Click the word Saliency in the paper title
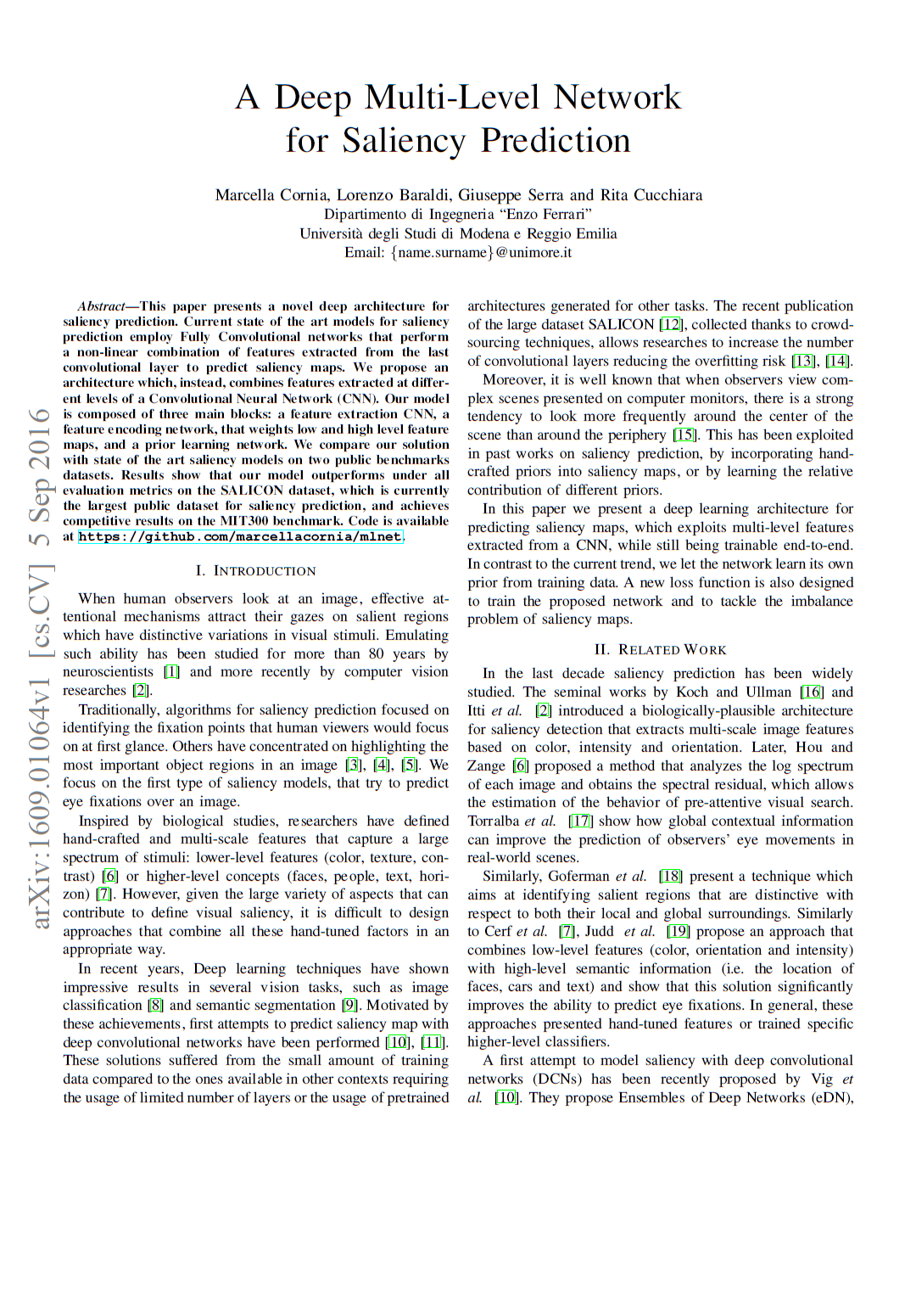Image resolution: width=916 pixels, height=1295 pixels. [403, 141]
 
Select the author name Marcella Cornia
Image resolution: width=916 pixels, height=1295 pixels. [271, 195]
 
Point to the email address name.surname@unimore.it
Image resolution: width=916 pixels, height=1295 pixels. [458, 252]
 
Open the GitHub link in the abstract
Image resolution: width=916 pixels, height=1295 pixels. [240, 536]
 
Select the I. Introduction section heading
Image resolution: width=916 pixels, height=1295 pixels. [255, 571]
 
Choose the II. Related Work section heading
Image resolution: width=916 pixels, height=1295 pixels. [660, 649]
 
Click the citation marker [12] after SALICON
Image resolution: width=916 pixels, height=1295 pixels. [671, 324]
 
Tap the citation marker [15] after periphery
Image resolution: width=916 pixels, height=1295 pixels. [684, 434]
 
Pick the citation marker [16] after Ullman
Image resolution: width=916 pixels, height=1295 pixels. [812, 692]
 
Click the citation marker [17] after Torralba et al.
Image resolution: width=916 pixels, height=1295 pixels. [580, 821]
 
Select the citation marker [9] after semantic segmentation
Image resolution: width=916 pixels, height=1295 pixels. [350, 1006]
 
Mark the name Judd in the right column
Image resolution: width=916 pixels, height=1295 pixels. [600, 932]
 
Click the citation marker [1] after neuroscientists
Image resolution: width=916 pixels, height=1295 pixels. [171, 672]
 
